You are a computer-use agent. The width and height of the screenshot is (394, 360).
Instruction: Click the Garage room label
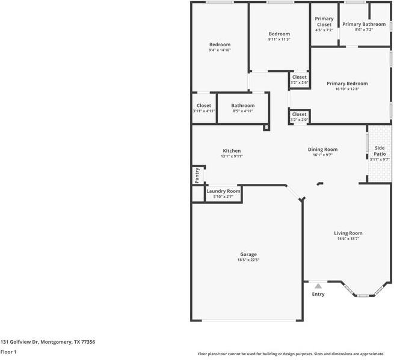click(248, 254)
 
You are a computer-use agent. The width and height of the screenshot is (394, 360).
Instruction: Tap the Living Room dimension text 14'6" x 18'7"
click(348, 239)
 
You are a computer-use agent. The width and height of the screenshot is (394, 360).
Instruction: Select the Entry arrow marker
click(318, 286)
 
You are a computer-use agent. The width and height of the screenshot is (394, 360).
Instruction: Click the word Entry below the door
click(318, 294)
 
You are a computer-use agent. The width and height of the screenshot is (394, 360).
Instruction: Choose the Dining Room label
click(322, 149)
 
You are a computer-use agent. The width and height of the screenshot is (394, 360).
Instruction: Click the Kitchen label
click(232, 150)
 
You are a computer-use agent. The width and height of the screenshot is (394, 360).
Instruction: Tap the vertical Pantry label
click(197, 175)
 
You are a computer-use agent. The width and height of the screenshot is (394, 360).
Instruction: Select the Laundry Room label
click(224, 191)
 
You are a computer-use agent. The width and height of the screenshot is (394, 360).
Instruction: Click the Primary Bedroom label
click(347, 84)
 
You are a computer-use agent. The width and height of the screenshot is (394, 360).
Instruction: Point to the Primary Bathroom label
click(364, 24)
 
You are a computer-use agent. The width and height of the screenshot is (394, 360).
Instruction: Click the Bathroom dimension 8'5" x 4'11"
click(242, 111)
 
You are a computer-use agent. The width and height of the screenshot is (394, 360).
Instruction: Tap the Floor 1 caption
click(8, 352)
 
